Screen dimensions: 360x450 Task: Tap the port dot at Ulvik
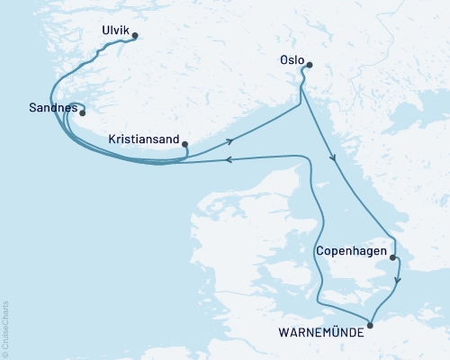point(135,36)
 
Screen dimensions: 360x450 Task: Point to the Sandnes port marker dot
point(82,113)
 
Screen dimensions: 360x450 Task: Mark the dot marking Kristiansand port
point(184,144)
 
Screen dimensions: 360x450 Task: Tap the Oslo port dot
point(309,65)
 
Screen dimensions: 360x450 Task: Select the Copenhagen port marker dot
point(392,258)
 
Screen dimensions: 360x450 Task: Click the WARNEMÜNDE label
point(321,332)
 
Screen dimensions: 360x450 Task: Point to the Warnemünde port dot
point(370,326)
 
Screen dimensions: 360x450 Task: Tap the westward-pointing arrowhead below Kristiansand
point(229,160)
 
